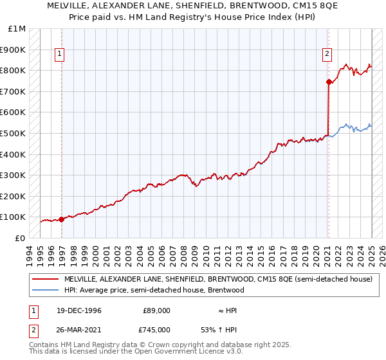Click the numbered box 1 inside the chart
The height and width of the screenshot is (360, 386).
59,55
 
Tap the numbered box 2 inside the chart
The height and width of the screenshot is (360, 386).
327,55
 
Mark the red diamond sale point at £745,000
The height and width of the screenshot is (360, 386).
329,82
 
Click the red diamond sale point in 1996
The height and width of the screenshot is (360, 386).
62,219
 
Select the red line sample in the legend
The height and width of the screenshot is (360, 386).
46,280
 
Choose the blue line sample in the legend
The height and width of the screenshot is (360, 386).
46,290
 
